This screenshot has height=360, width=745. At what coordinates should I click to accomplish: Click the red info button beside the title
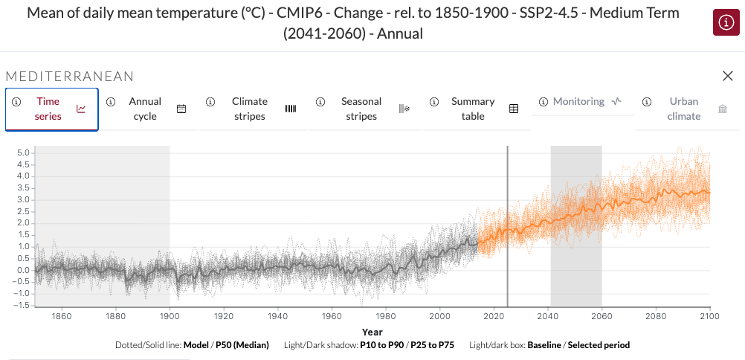coord(725,23)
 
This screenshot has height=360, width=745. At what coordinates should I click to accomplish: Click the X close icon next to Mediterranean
coord(728,76)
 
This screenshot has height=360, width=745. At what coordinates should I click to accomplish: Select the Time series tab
coord(48,109)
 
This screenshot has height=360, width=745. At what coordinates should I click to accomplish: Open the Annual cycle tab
coord(145,109)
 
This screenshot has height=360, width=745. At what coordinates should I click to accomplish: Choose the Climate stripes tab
coord(250,109)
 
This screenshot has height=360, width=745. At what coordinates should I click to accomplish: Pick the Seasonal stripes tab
coord(361,109)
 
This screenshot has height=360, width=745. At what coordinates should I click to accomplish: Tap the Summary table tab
coord(473,109)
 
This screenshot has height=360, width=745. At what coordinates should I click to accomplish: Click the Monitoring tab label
coord(579,101)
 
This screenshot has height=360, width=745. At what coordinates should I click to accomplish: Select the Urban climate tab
coord(684,109)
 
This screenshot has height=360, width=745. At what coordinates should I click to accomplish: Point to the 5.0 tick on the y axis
coord(22,152)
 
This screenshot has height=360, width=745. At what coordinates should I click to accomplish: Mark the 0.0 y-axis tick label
coord(22,270)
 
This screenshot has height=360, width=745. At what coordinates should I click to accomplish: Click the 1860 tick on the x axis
coord(62,316)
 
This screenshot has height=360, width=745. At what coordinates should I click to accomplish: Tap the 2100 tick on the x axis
coord(709,316)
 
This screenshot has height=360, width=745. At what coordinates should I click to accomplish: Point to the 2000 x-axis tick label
coord(439,316)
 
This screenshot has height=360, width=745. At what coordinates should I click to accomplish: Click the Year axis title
coord(372,332)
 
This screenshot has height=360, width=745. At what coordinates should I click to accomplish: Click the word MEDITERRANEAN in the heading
coord(70,77)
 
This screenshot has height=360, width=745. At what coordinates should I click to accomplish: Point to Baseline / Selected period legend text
coord(578,345)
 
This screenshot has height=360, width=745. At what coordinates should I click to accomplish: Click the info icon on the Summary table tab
coord(434,102)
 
